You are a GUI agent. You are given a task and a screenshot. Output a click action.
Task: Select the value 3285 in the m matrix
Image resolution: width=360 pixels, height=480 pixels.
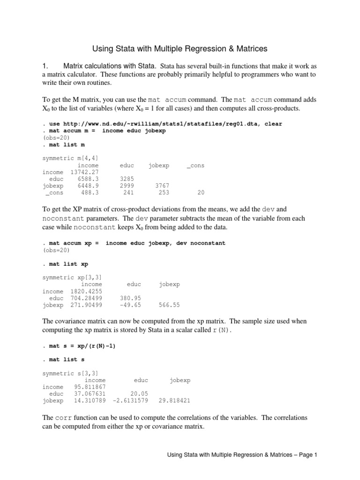coord(127,179)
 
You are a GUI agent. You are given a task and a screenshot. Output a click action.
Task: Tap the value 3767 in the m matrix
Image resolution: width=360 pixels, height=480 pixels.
coord(162,186)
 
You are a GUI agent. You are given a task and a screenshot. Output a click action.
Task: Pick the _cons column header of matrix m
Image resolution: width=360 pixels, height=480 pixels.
coord(195,165)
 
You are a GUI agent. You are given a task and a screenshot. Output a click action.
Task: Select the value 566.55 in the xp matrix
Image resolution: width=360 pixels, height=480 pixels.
coord(169,305)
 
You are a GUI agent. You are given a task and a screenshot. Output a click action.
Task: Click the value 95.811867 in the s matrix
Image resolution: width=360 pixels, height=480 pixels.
coord(90,387)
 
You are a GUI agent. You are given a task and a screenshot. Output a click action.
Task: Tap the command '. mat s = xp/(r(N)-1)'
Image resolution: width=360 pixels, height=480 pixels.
coord(79,346)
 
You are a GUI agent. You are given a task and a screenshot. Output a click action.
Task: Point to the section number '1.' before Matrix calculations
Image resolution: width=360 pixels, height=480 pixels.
coord(46,66)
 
